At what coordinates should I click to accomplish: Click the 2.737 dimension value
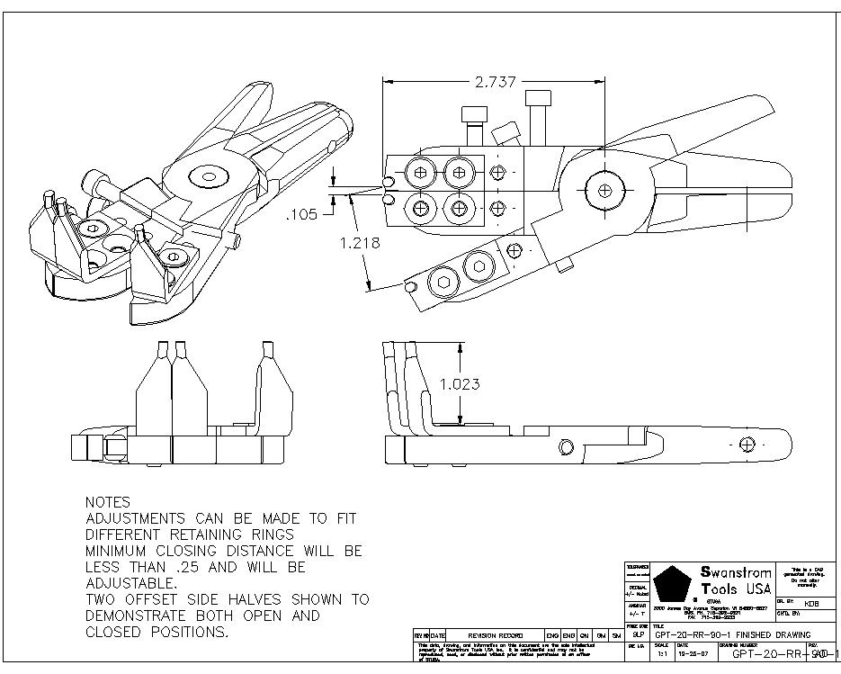click(495, 82)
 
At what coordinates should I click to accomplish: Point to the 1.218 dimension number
click(359, 243)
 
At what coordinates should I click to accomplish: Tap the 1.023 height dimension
click(459, 384)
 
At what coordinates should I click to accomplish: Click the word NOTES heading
click(107, 502)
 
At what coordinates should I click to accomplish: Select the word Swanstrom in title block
click(736, 572)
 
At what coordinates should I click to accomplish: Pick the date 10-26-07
click(690, 655)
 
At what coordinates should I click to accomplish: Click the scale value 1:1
click(661, 655)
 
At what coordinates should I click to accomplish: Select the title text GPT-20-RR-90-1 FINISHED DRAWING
click(732, 635)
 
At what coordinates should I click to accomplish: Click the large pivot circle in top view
click(604, 190)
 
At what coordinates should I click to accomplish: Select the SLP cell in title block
click(638, 634)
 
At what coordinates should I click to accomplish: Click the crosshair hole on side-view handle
click(747, 444)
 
